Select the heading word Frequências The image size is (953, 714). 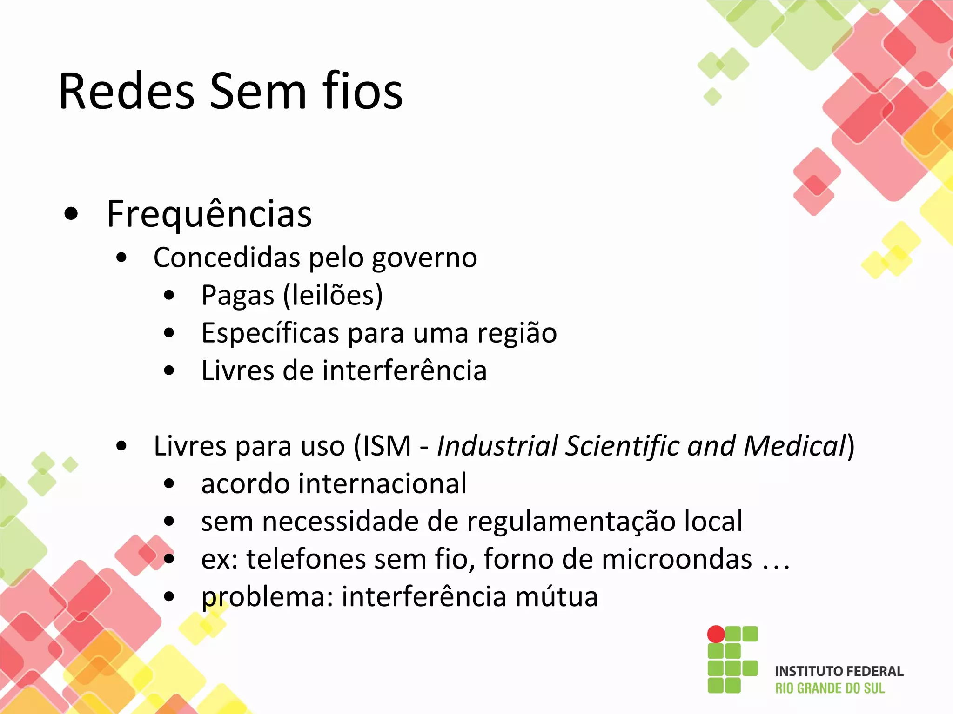click(x=209, y=215)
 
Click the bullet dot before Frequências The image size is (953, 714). click(x=71, y=214)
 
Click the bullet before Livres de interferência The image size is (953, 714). click(x=169, y=371)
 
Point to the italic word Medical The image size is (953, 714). click(x=794, y=446)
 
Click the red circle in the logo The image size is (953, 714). click(x=716, y=634)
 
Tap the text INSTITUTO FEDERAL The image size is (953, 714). click(x=839, y=672)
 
